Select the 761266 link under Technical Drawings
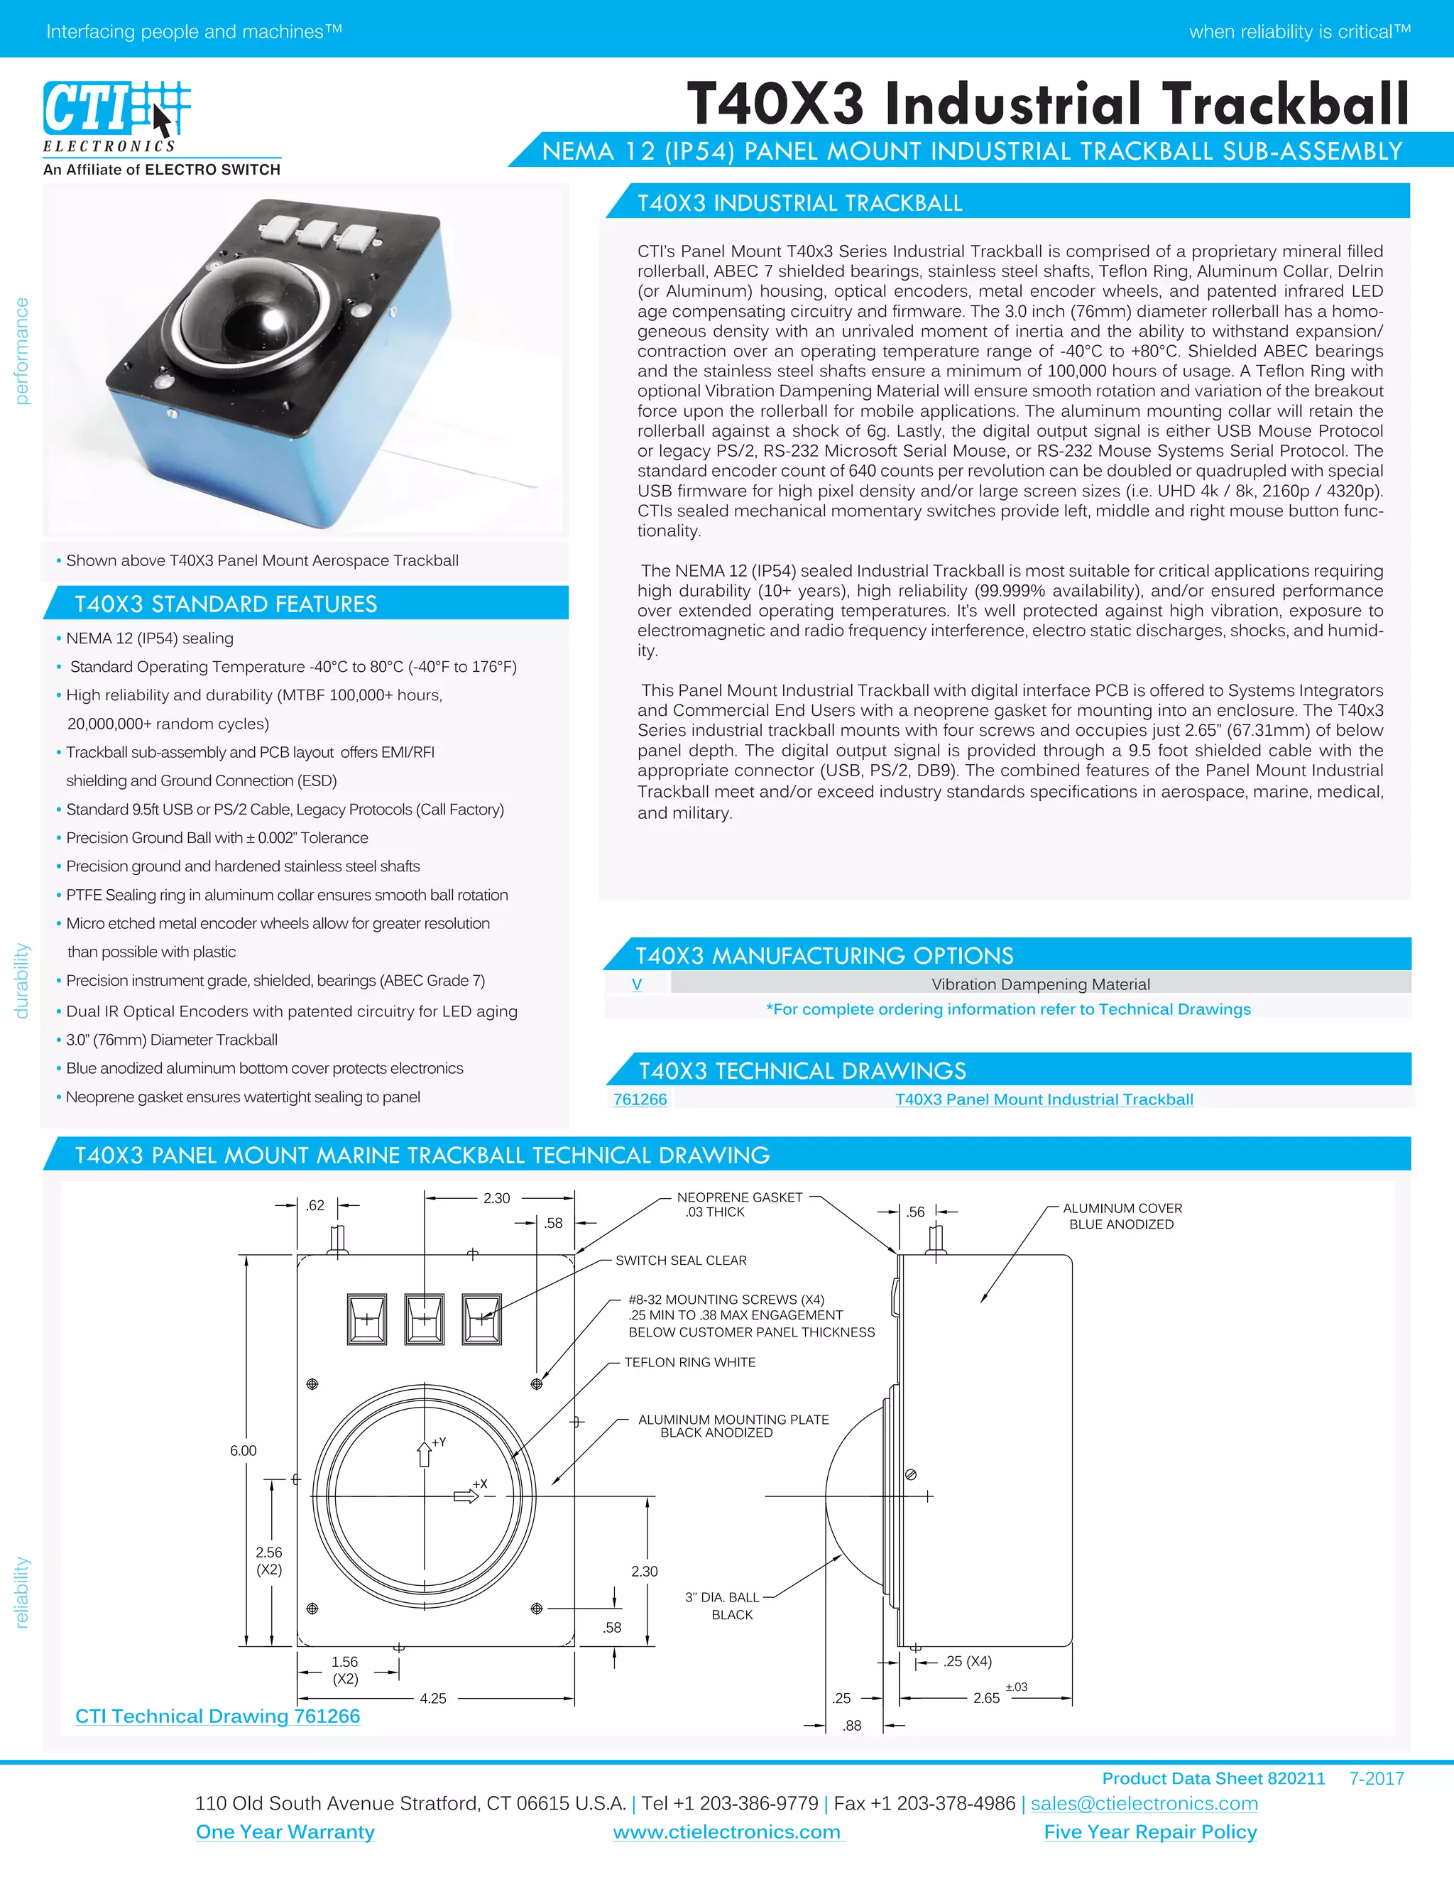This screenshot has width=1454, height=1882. pos(640,1099)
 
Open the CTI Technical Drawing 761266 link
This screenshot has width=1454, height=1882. pos(217,1716)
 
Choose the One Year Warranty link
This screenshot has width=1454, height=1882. pos(285,1832)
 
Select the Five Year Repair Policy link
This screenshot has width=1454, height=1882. pos(1150,1832)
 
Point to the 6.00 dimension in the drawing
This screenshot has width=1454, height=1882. pos(243,1450)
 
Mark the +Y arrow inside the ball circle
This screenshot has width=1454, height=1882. pos(425,1453)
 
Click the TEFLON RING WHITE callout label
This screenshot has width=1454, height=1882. pos(689,1362)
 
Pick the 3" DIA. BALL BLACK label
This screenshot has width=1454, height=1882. pos(723,1606)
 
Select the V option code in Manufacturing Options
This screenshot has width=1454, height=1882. pos(637,984)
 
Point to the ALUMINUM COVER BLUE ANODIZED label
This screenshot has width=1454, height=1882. pos(1122,1216)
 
